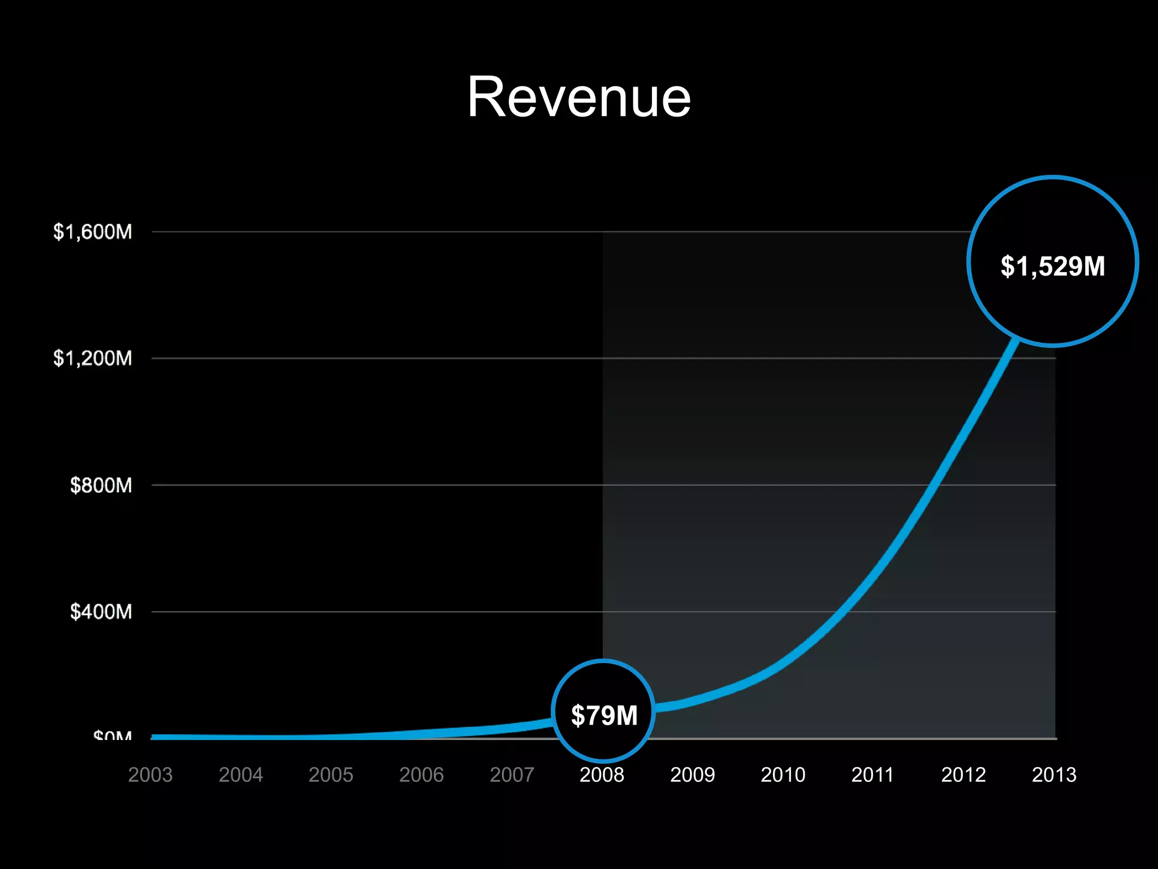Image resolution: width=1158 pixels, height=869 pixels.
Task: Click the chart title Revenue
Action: pyautogui.click(x=578, y=97)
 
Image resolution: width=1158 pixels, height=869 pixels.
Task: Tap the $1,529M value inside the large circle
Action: pyautogui.click(x=1052, y=266)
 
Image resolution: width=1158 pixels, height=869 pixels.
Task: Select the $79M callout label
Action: pyautogui.click(x=604, y=715)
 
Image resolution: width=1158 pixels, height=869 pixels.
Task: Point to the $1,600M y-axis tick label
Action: pyautogui.click(x=93, y=232)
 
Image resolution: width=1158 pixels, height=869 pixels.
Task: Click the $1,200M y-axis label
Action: pyautogui.click(x=93, y=358)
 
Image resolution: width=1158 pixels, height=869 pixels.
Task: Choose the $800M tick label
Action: pyautogui.click(x=101, y=485)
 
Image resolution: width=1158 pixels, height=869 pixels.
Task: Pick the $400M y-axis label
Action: pyautogui.click(x=101, y=612)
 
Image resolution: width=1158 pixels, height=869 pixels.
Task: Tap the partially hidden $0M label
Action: pyautogui.click(x=113, y=735)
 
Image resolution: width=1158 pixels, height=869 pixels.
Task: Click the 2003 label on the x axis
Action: pyautogui.click(x=150, y=775)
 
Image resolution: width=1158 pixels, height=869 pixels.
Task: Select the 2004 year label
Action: pyautogui.click(x=241, y=775)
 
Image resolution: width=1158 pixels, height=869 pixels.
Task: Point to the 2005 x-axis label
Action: pyautogui.click(x=331, y=775)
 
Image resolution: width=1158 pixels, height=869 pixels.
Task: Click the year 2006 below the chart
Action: pyautogui.click(x=421, y=775)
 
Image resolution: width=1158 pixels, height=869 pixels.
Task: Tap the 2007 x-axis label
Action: pyautogui.click(x=512, y=775)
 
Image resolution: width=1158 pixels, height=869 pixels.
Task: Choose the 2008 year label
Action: pyautogui.click(x=602, y=775)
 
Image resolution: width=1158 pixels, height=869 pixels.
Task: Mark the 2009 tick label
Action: pyautogui.click(x=692, y=775)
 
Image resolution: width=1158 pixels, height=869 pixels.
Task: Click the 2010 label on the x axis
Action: pyautogui.click(x=783, y=775)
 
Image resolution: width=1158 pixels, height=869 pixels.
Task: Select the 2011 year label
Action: pyautogui.click(x=872, y=775)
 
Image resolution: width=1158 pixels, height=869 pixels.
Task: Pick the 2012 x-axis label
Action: pyautogui.click(x=963, y=775)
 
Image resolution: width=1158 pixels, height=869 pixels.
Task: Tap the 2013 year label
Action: pyautogui.click(x=1054, y=775)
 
